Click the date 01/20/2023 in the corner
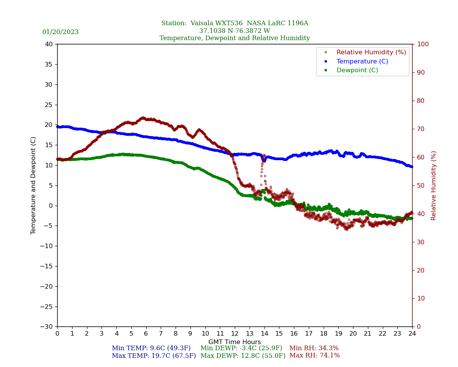point(60,32)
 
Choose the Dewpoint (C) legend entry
point(357,70)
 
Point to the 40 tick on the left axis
point(49,44)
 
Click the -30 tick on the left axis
point(47,326)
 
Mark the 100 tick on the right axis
point(423,44)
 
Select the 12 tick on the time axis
point(235,334)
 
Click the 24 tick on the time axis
point(412,334)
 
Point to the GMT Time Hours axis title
point(235,342)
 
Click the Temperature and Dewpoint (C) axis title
point(34,185)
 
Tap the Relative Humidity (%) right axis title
point(434,185)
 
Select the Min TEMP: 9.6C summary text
point(151,348)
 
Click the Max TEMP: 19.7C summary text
point(154,356)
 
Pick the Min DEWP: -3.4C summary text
point(241,348)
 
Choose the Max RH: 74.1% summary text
point(314,356)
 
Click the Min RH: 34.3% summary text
point(314,348)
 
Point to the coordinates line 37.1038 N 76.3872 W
point(234,31)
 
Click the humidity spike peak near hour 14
point(264,156)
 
